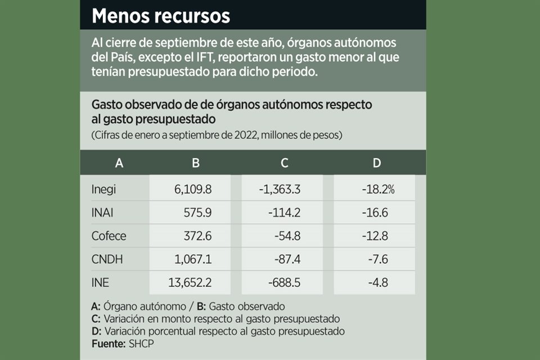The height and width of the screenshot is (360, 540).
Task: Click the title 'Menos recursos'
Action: point(161,16)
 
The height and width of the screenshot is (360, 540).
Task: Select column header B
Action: point(195,163)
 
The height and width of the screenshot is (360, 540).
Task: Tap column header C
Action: point(285,163)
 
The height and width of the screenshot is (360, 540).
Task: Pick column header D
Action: point(376,163)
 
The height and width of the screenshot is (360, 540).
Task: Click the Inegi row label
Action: point(103,189)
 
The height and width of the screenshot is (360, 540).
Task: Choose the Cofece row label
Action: point(109,236)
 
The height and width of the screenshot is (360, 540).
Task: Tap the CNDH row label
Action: point(107,259)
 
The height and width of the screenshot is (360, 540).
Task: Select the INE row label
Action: point(100,282)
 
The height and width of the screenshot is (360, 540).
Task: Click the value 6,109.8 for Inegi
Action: point(193,189)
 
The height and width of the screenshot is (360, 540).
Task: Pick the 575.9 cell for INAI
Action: point(197,213)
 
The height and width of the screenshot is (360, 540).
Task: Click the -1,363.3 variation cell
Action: point(280,189)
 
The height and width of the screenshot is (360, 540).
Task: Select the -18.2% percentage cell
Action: point(378,189)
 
